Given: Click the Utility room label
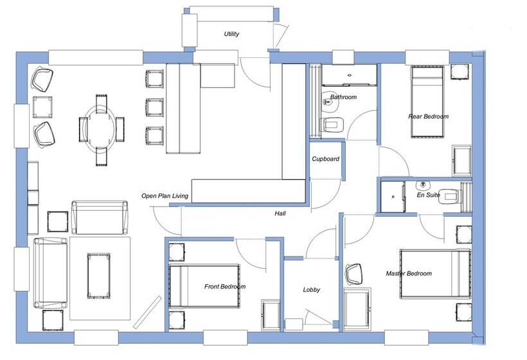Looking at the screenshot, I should coord(232,34).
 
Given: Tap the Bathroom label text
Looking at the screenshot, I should coord(343,97).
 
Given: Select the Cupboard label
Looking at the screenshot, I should coord(325,159).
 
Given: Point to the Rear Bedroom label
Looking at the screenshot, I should coord(428,116).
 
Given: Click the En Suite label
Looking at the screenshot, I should coord(428,194).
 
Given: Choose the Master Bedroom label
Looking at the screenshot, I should coord(409,273).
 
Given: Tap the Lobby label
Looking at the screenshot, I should coord(312,290).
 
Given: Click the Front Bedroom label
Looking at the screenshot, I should coord(225,286).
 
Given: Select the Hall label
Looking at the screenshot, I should coord(280,213).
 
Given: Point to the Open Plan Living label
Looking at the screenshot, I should coord(165,196).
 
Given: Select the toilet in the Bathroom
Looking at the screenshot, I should coord(333,124).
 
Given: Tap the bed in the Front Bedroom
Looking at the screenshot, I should coord(202,284).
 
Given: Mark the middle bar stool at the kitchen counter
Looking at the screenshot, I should coord(154,106).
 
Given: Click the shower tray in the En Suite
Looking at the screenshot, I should coord(391,196).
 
